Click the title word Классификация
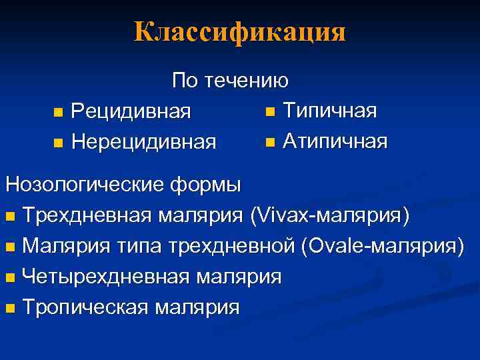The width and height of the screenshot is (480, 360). click(240, 31)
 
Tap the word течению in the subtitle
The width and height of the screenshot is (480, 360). click(247, 81)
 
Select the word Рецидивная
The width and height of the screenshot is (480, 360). click(131, 111)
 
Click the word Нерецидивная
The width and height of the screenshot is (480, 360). click(143, 141)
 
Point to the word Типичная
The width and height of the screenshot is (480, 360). click(330, 109)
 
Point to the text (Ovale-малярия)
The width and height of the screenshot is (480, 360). click(382, 246)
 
